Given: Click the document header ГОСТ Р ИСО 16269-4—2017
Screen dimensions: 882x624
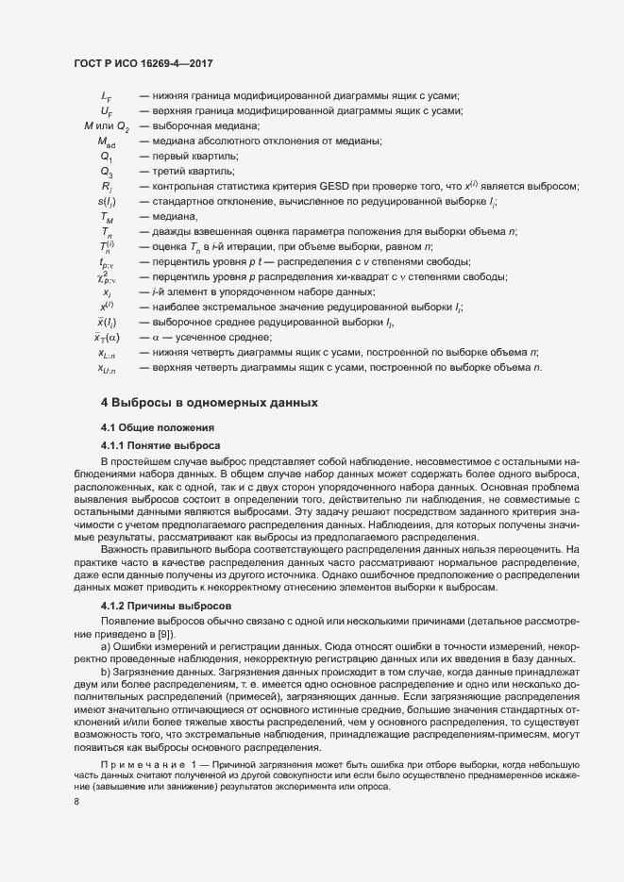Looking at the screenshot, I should (143, 63).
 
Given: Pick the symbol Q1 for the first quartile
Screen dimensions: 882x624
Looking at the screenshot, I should (106, 157).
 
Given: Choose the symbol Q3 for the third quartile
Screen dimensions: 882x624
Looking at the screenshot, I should (106, 172).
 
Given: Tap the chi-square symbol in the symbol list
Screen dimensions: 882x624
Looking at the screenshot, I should (105, 277).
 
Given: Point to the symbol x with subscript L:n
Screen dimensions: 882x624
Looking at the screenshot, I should (106, 353).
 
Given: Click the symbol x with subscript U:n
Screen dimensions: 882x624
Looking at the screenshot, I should (106, 368).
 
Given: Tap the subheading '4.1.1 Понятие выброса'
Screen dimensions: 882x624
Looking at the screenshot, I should (160, 444).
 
